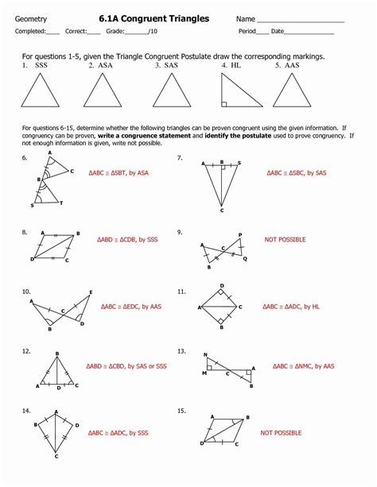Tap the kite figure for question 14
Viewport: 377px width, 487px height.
pyautogui.click(x=56, y=435)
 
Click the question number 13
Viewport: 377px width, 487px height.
pyautogui.click(x=182, y=350)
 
